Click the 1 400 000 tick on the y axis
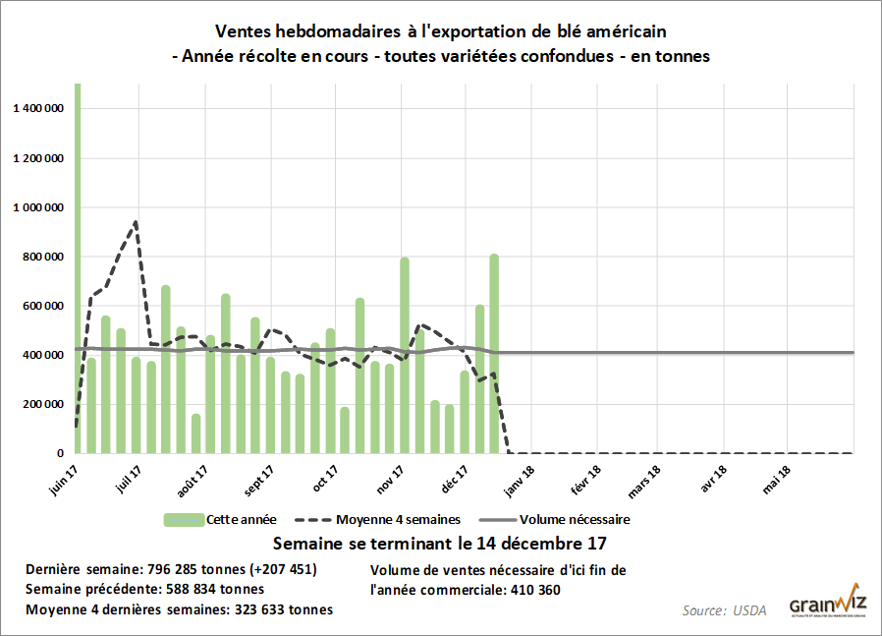coord(37,109)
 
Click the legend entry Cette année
coord(241,519)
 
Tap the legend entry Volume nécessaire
coord(574,519)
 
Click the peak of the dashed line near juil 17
coord(136,222)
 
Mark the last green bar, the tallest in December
coord(494,354)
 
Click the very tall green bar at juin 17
coord(78,265)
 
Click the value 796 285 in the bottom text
coord(173,569)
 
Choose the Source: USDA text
coord(724,610)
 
